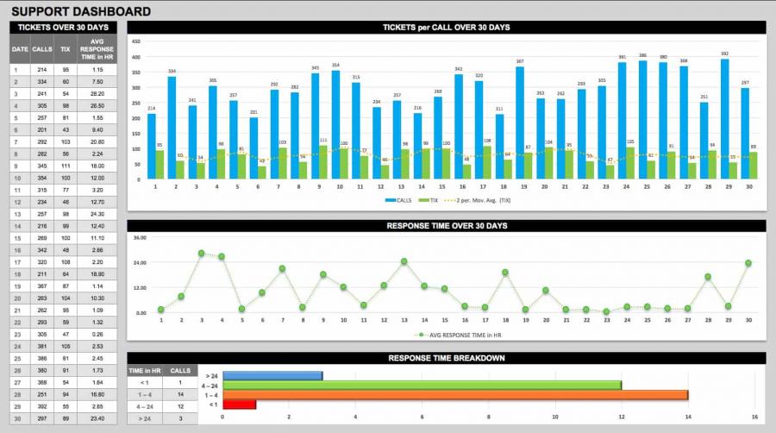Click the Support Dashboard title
81,11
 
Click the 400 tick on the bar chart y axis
135,57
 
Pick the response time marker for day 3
201,254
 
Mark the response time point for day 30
748,263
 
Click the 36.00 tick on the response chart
140,237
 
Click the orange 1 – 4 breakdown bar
454,395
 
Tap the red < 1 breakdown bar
239,405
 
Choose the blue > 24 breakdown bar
272,375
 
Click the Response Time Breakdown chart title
446,357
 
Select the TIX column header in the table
66,49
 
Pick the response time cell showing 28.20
97,93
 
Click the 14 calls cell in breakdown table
180,393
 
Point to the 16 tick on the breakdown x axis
754,417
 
